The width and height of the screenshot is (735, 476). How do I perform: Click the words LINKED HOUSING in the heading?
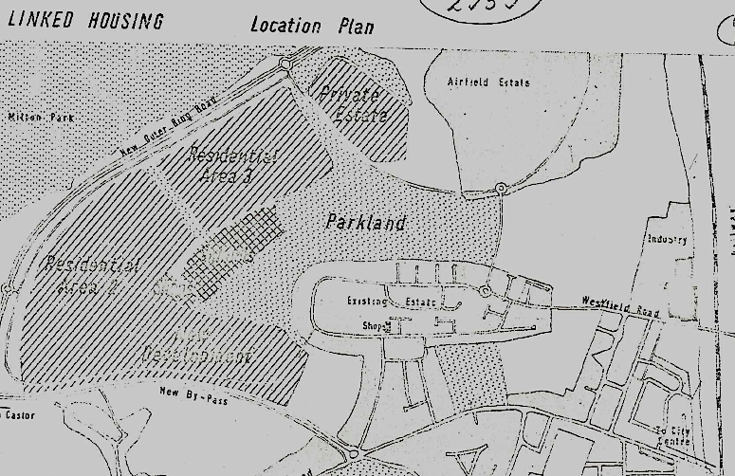point(85,21)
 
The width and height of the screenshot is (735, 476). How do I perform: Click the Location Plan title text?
point(312,25)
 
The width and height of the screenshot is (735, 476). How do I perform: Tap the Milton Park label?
point(40,118)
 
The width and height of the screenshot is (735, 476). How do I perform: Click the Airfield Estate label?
point(488,82)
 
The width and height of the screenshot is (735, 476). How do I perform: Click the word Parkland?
point(365,224)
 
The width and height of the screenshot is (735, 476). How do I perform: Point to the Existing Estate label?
point(404,302)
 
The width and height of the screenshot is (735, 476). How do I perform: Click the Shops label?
point(376,326)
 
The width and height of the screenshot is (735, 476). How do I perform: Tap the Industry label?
point(667,240)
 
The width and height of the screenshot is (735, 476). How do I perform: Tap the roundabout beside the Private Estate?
point(285,64)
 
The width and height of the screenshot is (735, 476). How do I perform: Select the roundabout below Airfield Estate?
point(500,190)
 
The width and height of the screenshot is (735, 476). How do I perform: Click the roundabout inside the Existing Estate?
point(485,290)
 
